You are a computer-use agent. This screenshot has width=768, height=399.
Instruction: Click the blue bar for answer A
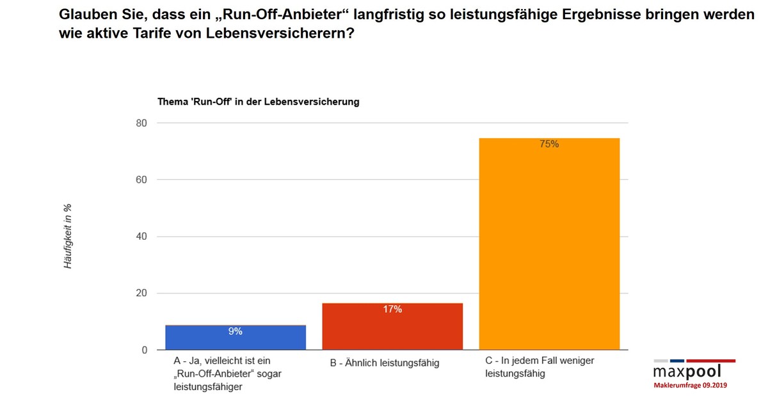pyautogui.click(x=236, y=338)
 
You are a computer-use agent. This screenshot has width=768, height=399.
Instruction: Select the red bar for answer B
pyautogui.click(x=392, y=326)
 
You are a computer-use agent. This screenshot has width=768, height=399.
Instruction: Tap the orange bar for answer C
pyautogui.click(x=549, y=243)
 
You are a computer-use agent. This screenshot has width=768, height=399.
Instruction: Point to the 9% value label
pyautogui.click(x=236, y=331)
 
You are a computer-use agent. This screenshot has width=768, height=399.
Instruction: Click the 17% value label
pyautogui.click(x=392, y=309)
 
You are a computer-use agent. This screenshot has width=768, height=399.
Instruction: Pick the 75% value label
pyautogui.click(x=549, y=145)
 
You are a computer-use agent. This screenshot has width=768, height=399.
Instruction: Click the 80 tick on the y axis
pyautogui.click(x=141, y=123)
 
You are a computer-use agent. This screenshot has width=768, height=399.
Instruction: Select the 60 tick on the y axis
pyautogui.click(x=141, y=180)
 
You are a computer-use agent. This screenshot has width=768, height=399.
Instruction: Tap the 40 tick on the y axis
pyautogui.click(x=141, y=237)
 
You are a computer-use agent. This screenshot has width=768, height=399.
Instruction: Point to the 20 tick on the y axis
pyautogui.click(x=141, y=293)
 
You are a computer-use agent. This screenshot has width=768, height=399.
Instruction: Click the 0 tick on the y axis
pyautogui.click(x=144, y=350)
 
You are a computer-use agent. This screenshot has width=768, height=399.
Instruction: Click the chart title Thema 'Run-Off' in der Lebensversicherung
pyautogui.click(x=259, y=102)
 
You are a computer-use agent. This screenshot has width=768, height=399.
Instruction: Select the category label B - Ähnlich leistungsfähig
pyautogui.click(x=385, y=363)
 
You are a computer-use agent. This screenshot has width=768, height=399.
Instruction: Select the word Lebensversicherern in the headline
pyautogui.click(x=279, y=33)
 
